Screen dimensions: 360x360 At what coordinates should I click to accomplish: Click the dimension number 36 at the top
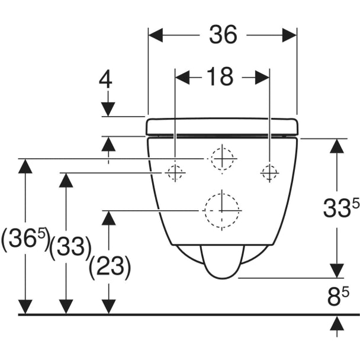[223, 35]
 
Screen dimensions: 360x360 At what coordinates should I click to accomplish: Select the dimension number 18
[220, 77]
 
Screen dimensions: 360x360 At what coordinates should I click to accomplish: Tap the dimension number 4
[105, 79]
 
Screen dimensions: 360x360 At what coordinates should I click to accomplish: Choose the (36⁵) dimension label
[25, 239]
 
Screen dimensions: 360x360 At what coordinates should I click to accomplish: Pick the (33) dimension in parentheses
[70, 247]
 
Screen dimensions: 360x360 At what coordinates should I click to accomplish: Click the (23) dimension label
[110, 267]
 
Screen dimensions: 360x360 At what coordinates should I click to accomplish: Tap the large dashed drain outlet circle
[222, 210]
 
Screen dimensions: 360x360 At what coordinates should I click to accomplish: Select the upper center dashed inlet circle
[222, 159]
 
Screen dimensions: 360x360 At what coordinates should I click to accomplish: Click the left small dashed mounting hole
[175, 173]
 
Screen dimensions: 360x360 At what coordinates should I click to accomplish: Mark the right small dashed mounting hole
[269, 173]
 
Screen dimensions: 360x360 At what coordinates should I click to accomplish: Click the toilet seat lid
[222, 126]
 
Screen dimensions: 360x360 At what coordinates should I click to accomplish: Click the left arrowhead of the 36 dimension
[156, 35]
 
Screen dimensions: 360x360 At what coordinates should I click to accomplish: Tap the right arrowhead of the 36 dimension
[290, 35]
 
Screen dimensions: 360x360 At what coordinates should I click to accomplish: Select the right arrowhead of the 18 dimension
[262, 78]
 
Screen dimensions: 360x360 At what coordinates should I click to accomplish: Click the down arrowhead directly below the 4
[108, 110]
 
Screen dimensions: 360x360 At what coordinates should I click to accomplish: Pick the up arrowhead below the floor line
[337, 323]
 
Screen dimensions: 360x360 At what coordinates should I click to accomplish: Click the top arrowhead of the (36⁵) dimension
[25, 166]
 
